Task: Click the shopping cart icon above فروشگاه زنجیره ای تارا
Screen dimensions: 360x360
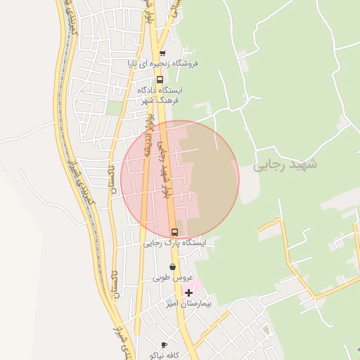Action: [x=162, y=54]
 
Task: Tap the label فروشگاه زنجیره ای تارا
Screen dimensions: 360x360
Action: [x=163, y=63]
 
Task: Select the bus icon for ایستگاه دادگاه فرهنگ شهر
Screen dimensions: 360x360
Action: [x=160, y=79]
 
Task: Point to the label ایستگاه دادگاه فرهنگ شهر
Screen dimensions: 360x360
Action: [x=161, y=95]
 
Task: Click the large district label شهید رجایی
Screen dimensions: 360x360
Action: [x=285, y=165]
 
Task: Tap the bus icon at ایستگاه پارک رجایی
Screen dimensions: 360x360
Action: [x=174, y=231]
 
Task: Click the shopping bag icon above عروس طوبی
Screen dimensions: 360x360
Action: [x=173, y=267]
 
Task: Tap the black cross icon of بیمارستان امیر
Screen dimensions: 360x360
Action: [x=188, y=292]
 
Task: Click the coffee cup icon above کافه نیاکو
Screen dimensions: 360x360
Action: [x=164, y=345]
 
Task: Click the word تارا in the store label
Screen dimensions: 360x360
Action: [x=134, y=63]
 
